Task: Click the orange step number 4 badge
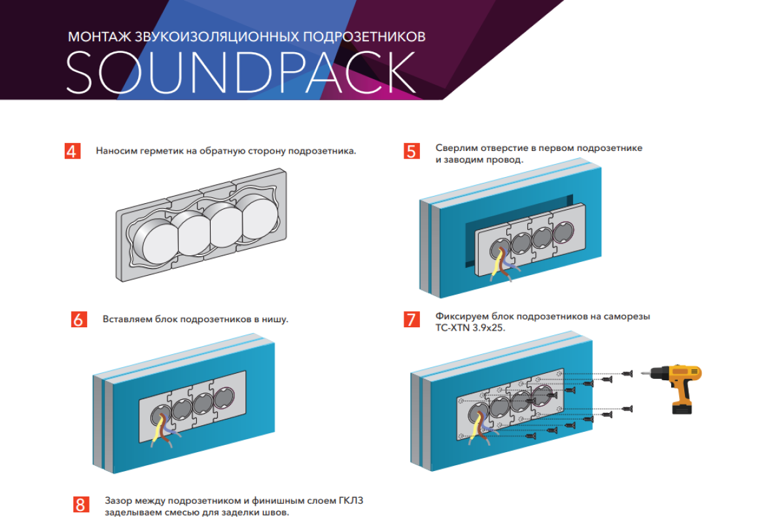pyautogui.click(x=72, y=151)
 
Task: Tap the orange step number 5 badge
pyautogui.click(x=411, y=152)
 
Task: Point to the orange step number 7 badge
pyautogui.click(x=411, y=319)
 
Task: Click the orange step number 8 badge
pyautogui.click(x=80, y=504)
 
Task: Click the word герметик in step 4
pyautogui.click(x=159, y=151)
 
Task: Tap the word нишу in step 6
pyautogui.click(x=275, y=319)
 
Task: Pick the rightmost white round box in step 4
pyautogui.click(x=262, y=216)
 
